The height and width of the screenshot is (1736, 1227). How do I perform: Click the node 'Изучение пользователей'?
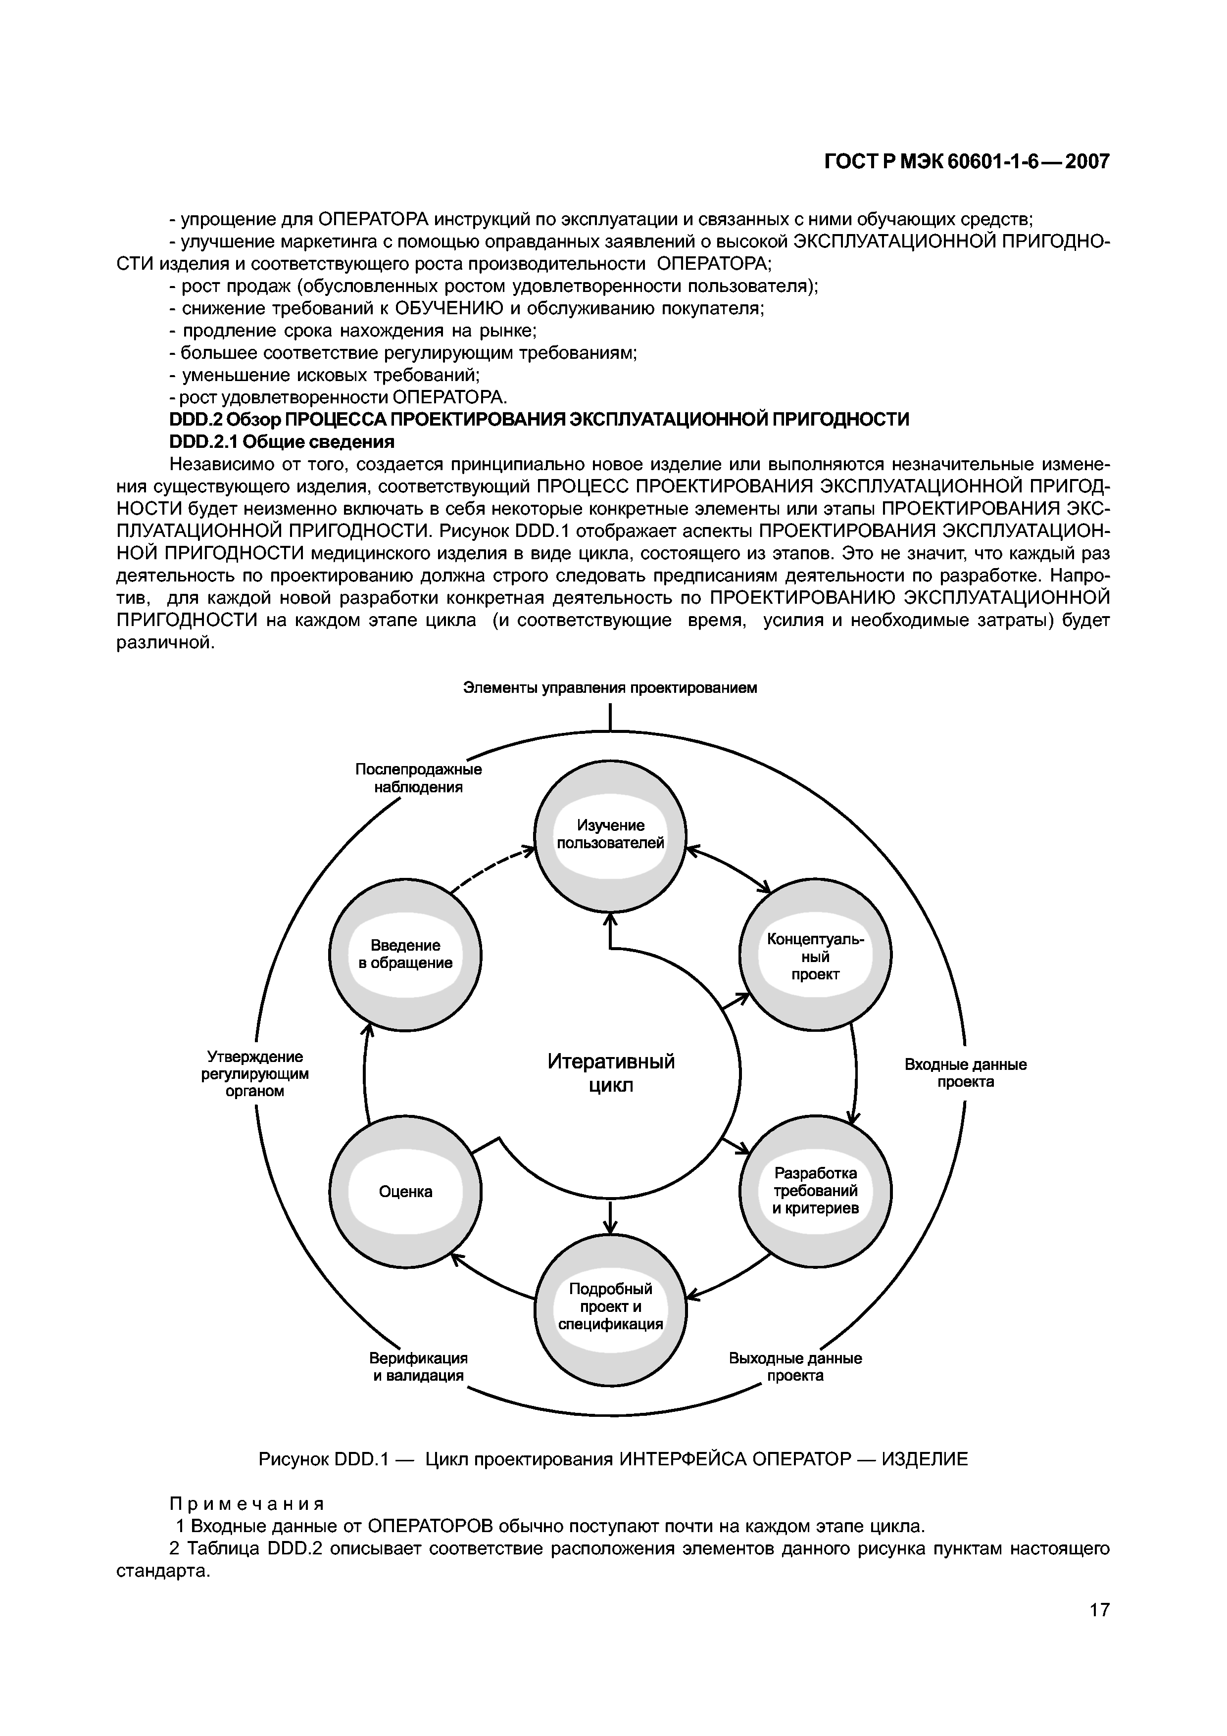tap(610, 835)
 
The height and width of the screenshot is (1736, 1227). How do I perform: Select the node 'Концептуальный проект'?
tap(815, 956)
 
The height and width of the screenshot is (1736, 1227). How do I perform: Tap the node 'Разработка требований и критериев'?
tap(815, 1191)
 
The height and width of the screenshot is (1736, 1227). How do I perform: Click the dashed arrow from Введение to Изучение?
tap(491, 869)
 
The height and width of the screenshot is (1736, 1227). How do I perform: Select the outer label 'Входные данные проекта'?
tap(966, 1073)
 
